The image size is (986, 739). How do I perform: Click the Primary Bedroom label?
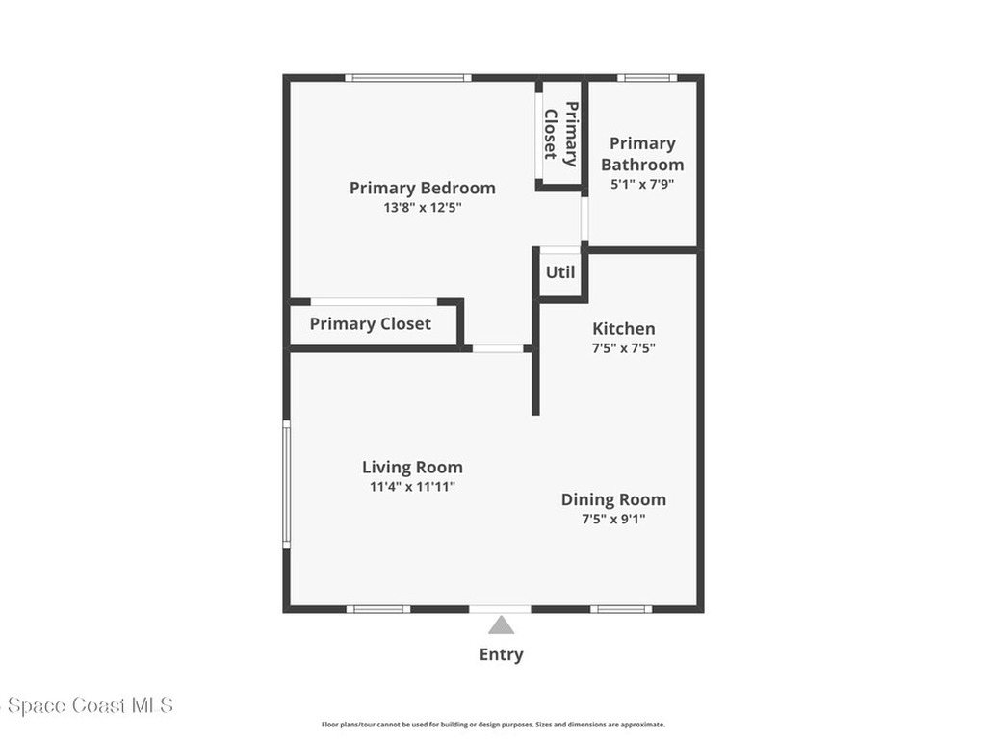tap(422, 188)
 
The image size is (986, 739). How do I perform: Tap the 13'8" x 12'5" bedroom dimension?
tap(422, 207)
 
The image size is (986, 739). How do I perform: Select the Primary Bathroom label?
tap(642, 154)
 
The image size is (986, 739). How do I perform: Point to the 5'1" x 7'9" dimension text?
tap(642, 183)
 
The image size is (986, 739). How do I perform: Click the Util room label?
tap(560, 272)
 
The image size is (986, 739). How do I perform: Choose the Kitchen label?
tap(623, 329)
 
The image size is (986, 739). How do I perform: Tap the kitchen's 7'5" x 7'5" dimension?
tap(623, 348)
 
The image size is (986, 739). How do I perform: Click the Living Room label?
tap(412, 468)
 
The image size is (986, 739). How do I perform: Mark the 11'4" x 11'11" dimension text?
tap(412, 487)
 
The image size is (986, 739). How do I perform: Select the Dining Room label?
tap(613, 499)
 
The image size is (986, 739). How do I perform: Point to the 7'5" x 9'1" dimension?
tap(613, 519)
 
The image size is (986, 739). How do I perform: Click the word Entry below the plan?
tap(501, 654)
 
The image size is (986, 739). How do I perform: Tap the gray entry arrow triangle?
tap(501, 626)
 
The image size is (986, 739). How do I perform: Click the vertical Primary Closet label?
tap(560, 133)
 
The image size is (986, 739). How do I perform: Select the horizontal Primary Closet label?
tap(370, 324)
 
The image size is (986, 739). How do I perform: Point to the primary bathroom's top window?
tap(646, 77)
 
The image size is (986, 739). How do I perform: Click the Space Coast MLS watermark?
tap(87, 705)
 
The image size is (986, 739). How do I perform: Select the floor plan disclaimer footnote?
tap(493, 725)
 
